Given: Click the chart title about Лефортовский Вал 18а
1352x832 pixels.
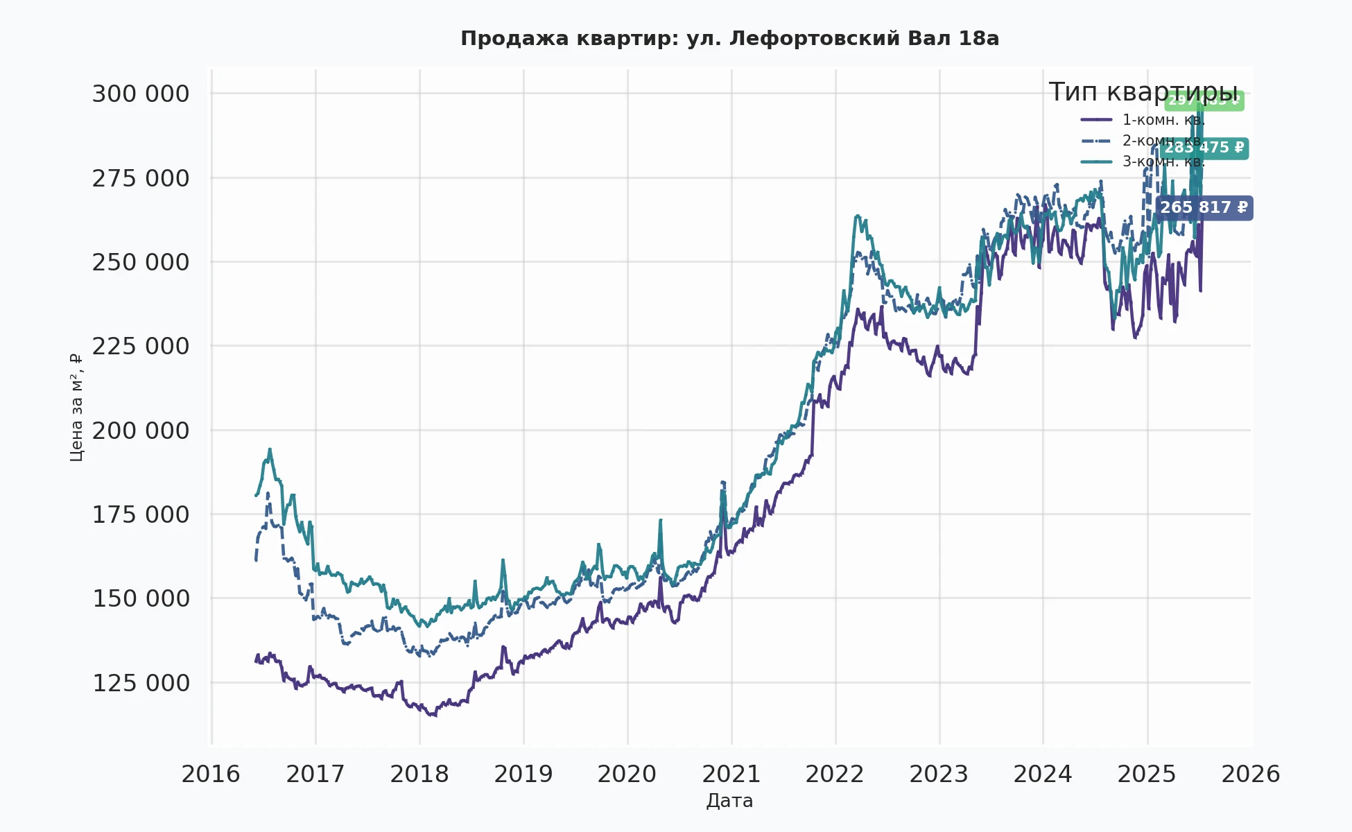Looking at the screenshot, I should (729, 39).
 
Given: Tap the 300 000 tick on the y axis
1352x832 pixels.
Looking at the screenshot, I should (141, 94).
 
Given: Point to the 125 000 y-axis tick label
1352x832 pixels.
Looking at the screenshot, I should (141, 683).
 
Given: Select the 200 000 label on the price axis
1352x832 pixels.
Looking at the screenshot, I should (141, 431).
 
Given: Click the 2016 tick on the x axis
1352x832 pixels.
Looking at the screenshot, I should (211, 774).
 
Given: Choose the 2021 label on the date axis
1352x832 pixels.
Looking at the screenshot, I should (731, 774).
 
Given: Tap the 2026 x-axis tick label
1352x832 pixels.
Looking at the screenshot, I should (1250, 774).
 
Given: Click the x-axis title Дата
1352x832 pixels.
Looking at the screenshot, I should (729, 801).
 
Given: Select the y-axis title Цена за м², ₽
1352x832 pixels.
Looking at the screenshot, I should (76, 408).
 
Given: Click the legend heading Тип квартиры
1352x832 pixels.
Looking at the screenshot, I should (1143, 92).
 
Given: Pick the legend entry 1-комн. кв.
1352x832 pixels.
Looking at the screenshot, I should (1163, 120).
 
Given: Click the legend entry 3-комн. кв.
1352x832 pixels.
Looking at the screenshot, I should (1163, 162).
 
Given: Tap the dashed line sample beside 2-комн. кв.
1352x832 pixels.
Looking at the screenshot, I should (1096, 141).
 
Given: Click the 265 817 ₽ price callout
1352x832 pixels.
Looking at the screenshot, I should (1204, 208).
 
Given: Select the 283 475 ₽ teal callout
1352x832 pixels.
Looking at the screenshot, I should (1204, 148).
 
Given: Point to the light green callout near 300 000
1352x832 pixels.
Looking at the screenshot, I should (1204, 101).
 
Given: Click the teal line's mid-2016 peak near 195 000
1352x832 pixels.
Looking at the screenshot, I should (270, 449).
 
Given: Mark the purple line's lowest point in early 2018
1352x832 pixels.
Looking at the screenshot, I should (434, 716).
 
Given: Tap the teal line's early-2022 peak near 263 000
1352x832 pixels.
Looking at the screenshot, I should (858, 216).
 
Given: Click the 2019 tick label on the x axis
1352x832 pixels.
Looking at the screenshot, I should (523, 774).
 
